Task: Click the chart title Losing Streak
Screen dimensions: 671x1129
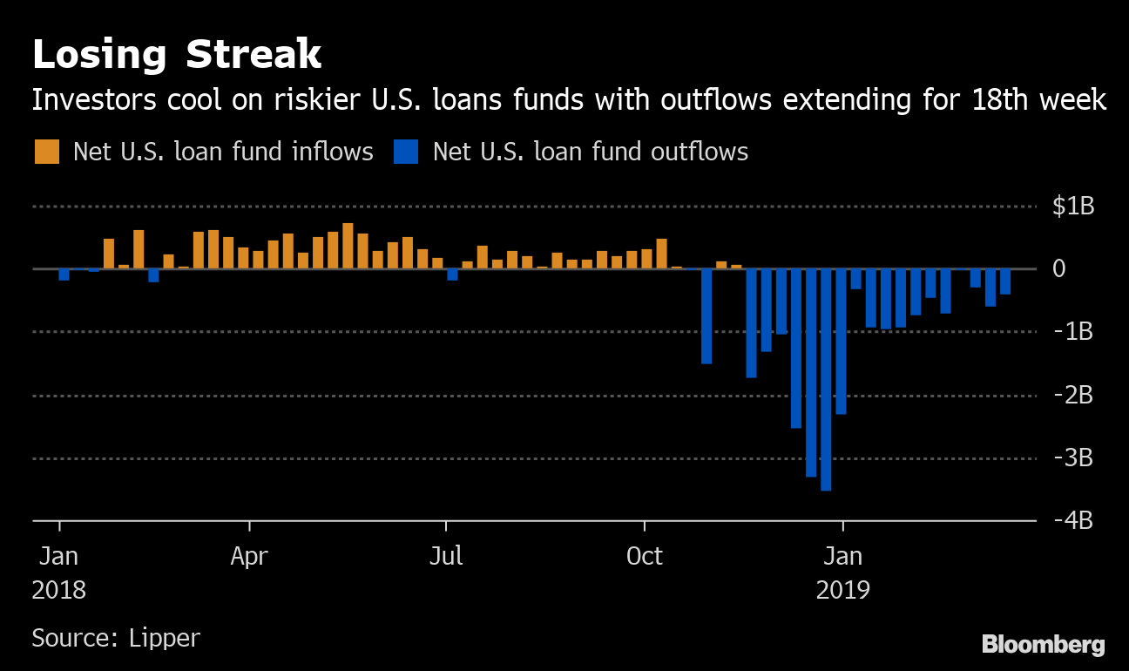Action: [177, 55]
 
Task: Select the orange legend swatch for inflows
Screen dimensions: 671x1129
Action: [47, 152]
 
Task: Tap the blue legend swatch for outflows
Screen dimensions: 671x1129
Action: [406, 152]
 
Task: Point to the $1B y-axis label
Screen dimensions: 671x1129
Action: [1072, 207]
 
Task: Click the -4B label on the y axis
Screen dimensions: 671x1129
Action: [1072, 520]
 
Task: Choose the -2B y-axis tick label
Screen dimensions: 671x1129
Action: [1072, 395]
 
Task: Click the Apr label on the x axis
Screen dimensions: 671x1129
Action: [249, 555]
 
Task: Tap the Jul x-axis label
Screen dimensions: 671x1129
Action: [446, 555]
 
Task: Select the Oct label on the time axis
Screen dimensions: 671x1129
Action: [645, 555]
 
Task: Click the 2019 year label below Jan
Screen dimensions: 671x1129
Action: [842, 590]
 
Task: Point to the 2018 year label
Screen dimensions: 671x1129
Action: [59, 590]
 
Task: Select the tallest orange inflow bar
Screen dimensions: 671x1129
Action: [348, 246]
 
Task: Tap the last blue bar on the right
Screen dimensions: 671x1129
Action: [1005, 281]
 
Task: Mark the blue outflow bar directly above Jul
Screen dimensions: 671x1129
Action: [452, 274]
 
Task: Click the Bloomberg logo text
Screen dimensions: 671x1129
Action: [1044, 646]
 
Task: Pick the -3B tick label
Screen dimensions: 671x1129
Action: [1072, 457]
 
